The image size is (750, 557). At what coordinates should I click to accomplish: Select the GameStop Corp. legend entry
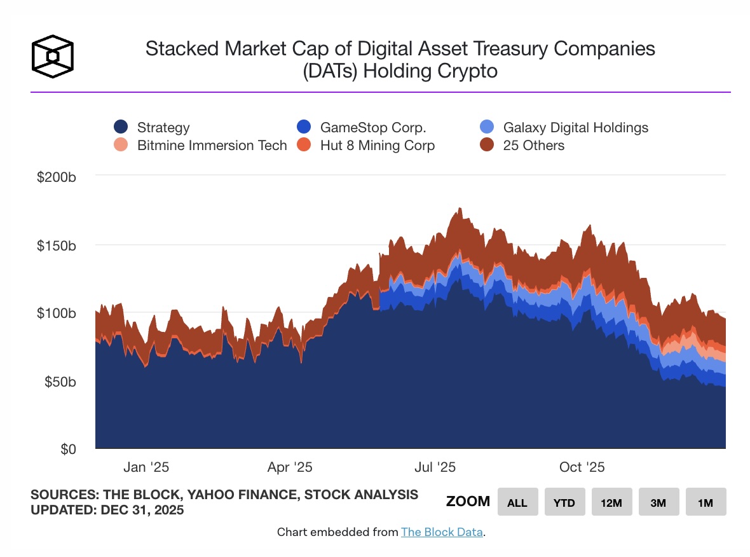point(372,127)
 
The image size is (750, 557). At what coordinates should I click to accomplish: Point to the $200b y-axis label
point(56,177)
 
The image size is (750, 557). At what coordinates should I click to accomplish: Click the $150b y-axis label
point(56,245)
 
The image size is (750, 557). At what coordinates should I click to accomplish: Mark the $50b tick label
point(59,382)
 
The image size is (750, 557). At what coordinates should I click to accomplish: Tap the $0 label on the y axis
point(68,449)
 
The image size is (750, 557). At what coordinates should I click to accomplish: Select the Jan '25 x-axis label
point(146,467)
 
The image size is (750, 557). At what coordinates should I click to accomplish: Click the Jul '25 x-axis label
point(435,467)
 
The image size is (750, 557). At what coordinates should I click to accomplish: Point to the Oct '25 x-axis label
point(582,467)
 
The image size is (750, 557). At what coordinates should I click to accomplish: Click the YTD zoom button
point(564,502)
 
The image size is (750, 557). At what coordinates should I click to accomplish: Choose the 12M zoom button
point(611,502)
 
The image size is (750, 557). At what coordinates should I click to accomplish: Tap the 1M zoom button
point(705,502)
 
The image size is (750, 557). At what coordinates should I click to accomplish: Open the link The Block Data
point(442,532)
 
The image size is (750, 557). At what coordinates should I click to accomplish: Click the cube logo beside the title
point(53,56)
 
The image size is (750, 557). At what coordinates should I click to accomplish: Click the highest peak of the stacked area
point(459,209)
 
